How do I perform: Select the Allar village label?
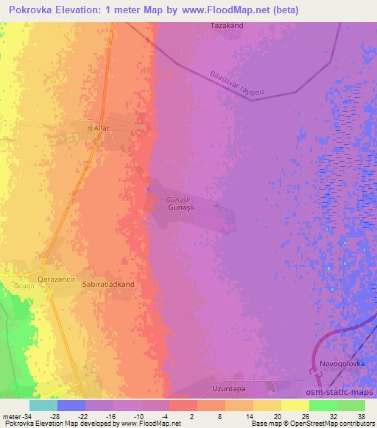[102, 128]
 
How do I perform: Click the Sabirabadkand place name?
[109, 283]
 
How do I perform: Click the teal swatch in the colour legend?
[43, 405]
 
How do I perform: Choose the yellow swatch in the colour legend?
[295, 405]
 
